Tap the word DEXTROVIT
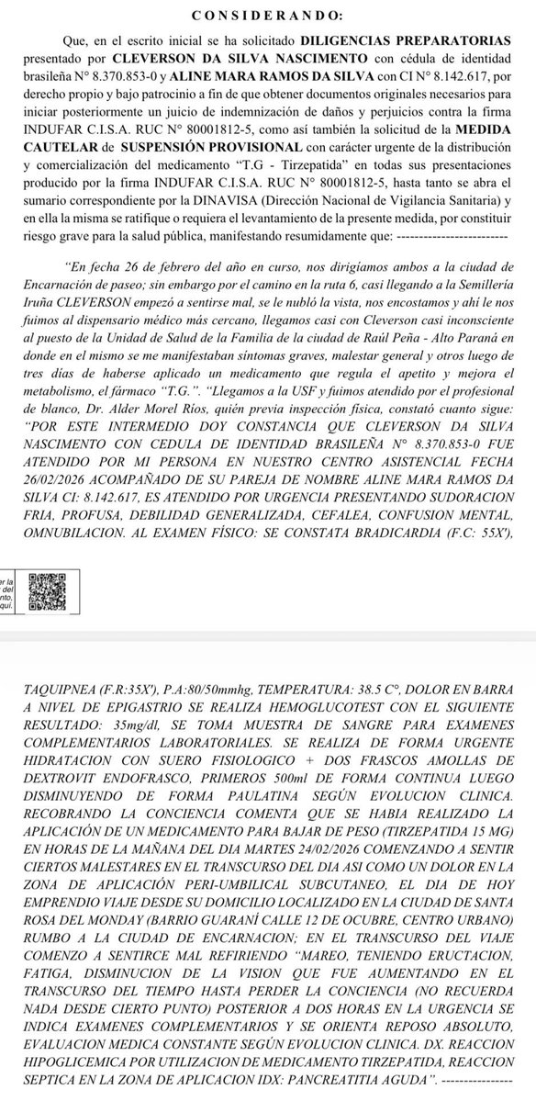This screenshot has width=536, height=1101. [100, 793]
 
